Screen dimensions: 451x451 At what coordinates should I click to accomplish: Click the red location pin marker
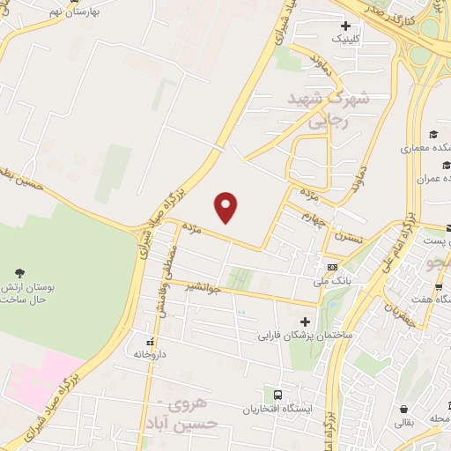[x=227, y=207]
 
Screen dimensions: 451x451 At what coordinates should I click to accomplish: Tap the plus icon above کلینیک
[x=345, y=26]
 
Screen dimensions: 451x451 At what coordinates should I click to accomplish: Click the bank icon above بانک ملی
[x=331, y=267]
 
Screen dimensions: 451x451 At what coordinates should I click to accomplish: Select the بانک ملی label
[x=331, y=282]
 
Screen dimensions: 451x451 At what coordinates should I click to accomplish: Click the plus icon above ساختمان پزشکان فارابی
[x=305, y=322]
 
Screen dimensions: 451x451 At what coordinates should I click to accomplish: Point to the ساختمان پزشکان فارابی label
[x=305, y=336]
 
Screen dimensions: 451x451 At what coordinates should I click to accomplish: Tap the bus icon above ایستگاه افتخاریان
[x=278, y=396]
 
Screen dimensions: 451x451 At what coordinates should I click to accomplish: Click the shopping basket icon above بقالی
[x=403, y=410]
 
